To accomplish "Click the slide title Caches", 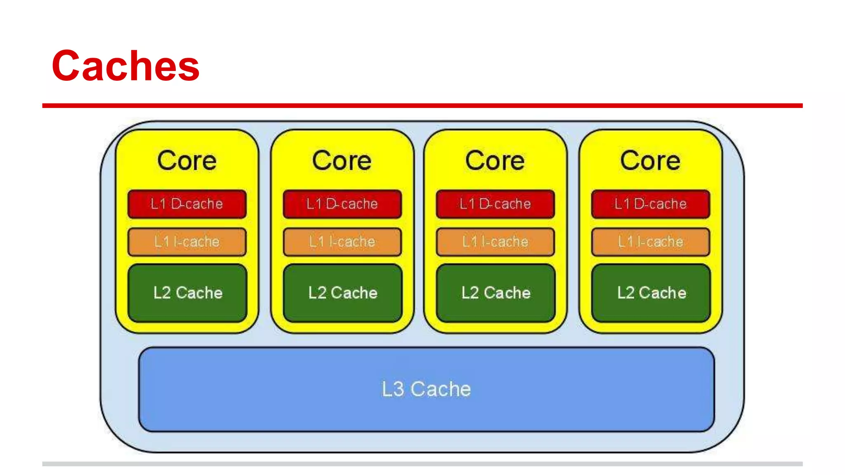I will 125,66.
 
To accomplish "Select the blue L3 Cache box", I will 426,389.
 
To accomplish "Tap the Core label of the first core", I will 187,160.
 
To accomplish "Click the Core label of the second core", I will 342,160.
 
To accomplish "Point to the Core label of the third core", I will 495,160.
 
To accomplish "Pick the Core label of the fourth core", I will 650,160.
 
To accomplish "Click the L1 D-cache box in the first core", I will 187,204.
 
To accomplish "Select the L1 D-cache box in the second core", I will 342,204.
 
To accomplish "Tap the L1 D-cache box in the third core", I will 495,204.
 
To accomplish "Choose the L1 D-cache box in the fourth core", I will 650,204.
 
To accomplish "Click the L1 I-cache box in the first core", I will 187,242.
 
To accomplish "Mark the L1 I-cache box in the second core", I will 342,242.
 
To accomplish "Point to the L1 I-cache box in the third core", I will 495,242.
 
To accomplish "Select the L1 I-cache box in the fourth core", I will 650,242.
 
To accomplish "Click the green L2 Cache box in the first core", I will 187,293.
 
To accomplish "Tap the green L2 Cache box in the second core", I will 342,293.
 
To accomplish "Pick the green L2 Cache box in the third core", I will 496,293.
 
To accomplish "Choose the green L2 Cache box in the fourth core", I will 651,293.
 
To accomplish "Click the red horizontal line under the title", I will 422,106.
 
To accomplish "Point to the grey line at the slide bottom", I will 422,464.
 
